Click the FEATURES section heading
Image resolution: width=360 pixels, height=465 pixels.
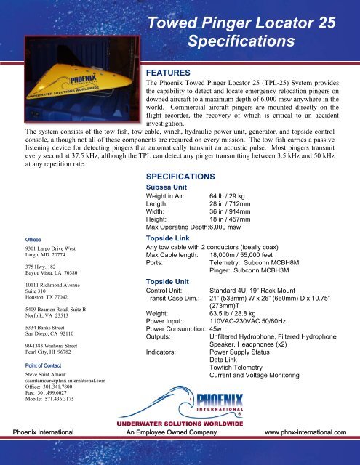pyautogui.click(x=169, y=73)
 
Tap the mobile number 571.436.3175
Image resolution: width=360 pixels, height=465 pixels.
pyautogui.click(x=48, y=400)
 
